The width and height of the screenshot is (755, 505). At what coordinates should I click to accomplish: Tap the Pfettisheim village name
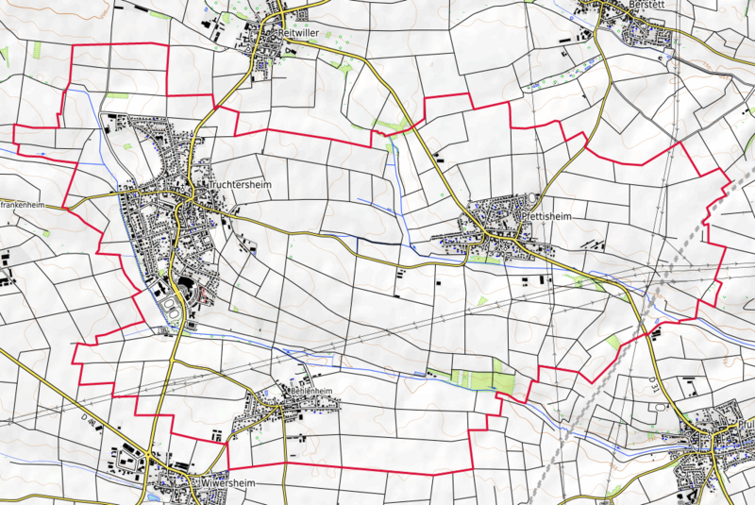pyautogui.click(x=546, y=216)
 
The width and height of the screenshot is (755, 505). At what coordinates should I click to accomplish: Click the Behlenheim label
pyautogui.click(x=311, y=391)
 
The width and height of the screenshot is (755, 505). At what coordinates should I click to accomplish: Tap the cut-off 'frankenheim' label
pyautogui.click(x=23, y=204)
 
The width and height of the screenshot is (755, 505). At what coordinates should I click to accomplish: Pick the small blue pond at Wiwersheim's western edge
pyautogui.click(x=154, y=494)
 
